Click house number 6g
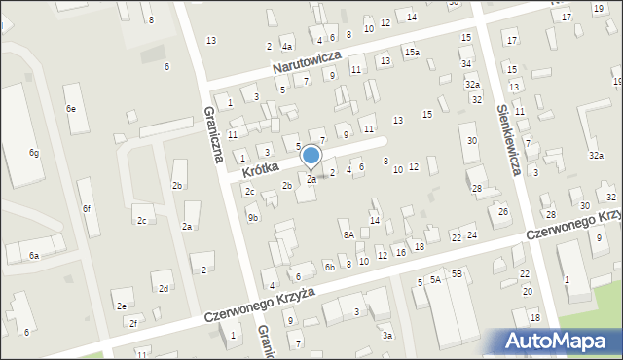pyautogui.click(x=33, y=153)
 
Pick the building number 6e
pyautogui.click(x=70, y=109)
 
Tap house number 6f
pyautogui.click(x=87, y=208)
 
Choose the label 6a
pyautogui.click(x=33, y=255)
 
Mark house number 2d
pyautogui.click(x=164, y=288)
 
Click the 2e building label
pyautogui.click(x=122, y=306)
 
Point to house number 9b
pyautogui.click(x=253, y=218)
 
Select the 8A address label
pyautogui.click(x=348, y=234)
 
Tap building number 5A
pyautogui.click(x=435, y=279)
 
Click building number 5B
pyautogui.click(x=456, y=274)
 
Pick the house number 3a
pyautogui.click(x=386, y=335)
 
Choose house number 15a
pyautogui.click(x=412, y=52)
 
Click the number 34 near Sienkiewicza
pyautogui.click(x=467, y=63)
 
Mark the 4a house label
pyautogui.click(x=286, y=46)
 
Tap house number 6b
pyautogui.click(x=330, y=267)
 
